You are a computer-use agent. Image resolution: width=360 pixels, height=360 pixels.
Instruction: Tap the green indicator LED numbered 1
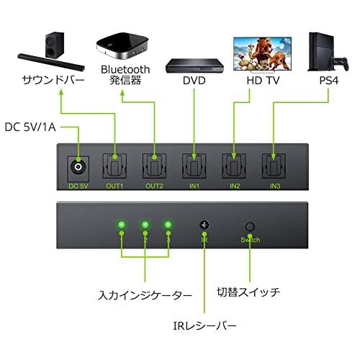(x=122, y=225)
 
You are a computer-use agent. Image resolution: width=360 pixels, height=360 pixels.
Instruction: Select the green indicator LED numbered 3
(x=167, y=225)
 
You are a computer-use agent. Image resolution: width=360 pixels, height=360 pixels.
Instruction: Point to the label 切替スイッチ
(x=248, y=293)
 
